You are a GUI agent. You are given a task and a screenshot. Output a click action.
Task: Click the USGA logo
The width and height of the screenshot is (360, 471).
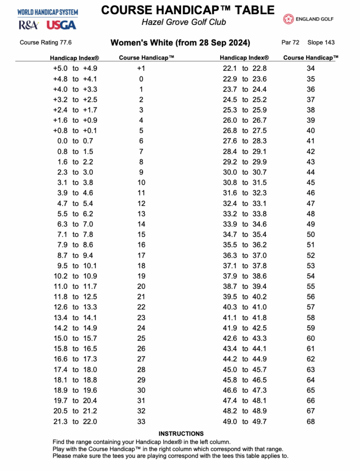61,25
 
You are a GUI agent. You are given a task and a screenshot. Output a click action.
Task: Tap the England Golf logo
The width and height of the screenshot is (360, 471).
308,19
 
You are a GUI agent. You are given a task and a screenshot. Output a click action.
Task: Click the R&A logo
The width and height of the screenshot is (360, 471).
29,25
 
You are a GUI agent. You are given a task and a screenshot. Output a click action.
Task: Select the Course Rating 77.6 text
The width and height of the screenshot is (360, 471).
46,43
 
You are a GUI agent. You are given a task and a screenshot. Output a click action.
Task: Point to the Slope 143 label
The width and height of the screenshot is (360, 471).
321,43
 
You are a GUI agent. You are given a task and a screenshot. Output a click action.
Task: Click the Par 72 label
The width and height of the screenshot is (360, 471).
290,43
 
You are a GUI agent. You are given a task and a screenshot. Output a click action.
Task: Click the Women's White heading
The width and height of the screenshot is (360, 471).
180,43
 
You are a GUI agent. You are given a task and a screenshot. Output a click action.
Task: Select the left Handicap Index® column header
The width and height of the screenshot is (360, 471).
74,58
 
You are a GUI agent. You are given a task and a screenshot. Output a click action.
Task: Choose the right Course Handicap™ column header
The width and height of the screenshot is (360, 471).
311,58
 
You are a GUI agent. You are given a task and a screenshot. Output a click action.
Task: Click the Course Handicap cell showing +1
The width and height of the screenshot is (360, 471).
141,69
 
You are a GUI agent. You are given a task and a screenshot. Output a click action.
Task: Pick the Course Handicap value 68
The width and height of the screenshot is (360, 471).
311,421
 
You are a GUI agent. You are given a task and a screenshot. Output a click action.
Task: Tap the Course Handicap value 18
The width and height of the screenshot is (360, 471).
141,265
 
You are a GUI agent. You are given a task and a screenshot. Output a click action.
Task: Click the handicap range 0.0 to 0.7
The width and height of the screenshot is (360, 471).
75,141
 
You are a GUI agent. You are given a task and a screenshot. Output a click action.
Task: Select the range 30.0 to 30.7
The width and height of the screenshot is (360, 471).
245,172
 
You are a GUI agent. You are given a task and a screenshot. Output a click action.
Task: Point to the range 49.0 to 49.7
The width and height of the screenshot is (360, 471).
245,421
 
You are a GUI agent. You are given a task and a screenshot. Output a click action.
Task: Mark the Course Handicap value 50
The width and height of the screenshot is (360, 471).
311,235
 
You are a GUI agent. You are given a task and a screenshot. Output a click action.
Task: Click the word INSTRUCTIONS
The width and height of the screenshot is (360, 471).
181,434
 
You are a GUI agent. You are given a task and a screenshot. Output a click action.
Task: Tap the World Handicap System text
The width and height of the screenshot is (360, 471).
48,12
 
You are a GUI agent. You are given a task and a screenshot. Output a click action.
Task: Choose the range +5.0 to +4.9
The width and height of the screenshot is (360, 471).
75,69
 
